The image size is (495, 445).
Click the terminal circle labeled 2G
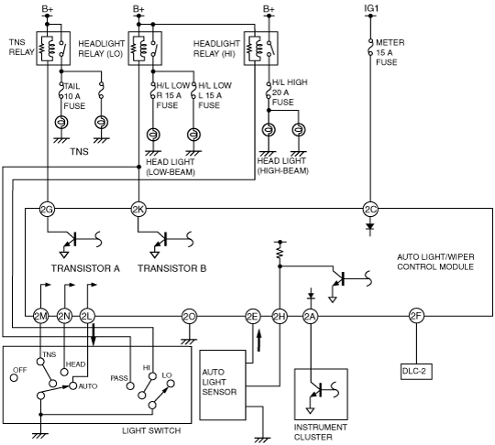(47, 209)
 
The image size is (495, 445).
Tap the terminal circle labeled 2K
(138, 209)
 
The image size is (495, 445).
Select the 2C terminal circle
(370, 209)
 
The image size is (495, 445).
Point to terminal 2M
(40, 316)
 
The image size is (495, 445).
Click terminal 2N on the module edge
(64, 316)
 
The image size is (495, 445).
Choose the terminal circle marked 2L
(87, 316)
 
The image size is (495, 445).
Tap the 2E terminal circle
(253, 316)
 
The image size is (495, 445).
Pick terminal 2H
(280, 316)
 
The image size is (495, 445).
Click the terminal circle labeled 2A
(311, 316)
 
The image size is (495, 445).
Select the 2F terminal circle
(416, 316)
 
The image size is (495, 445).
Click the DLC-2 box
(416, 372)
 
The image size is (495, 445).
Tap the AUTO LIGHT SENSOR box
(223, 385)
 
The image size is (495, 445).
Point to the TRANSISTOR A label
(85, 268)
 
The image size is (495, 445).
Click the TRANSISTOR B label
(171, 268)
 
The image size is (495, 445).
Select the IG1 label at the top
(371, 8)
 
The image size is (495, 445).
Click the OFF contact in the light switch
(14, 377)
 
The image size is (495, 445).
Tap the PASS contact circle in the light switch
(130, 385)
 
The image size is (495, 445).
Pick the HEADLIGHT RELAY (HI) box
(260, 49)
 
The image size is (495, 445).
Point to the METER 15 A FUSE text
(390, 52)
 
